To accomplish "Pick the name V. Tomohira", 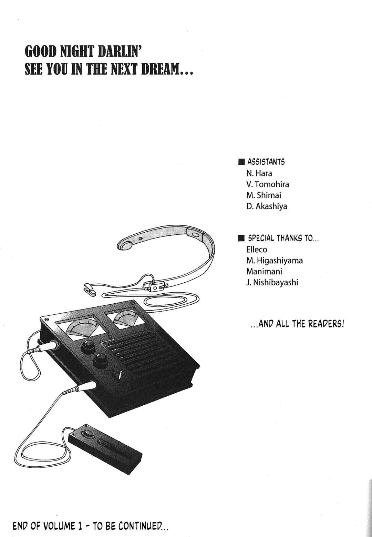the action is point(268,184).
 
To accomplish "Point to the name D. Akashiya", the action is point(267,206).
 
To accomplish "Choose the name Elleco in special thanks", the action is point(257,250).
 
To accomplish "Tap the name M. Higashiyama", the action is point(275,261).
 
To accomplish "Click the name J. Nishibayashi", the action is point(272,282).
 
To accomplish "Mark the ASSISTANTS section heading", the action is point(266,162).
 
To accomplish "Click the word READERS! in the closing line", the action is point(326,324).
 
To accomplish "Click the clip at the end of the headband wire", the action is point(90,288).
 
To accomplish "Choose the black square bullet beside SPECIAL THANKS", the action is point(241,238).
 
